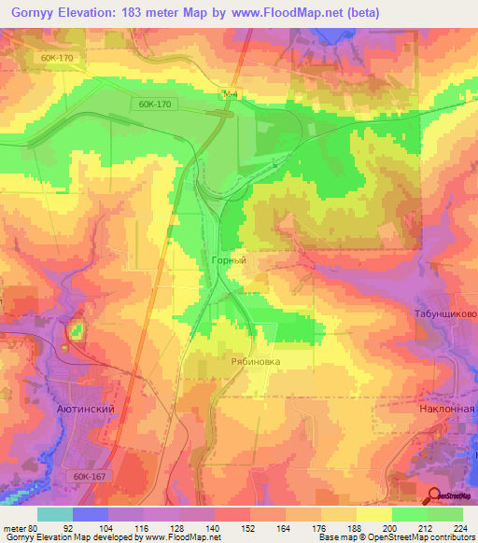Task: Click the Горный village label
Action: coord(229,262)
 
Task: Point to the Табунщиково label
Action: coord(444,314)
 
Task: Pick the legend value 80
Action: coord(35,528)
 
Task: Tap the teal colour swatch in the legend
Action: coord(54,514)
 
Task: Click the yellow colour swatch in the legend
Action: coord(373,514)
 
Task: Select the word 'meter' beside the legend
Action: coord(15,528)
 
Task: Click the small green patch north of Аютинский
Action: coord(76,330)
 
